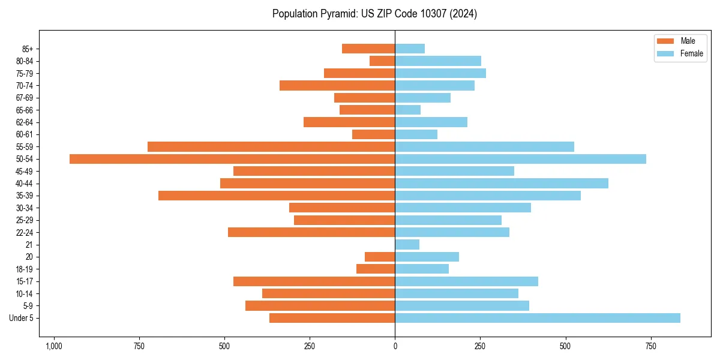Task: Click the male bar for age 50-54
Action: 232,159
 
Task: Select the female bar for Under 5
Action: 538,318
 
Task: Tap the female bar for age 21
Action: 407,245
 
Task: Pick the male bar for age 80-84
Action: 382,61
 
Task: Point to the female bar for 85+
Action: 410,49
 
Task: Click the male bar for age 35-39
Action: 277,196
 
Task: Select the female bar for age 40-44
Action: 502,184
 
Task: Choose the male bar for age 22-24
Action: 311,232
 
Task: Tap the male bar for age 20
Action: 380,257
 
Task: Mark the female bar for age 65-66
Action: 408,110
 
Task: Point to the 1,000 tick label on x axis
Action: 54,346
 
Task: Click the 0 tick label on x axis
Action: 395,346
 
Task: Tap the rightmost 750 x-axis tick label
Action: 650,346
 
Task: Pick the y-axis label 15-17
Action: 25,281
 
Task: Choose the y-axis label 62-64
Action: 25,122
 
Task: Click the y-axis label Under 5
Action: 22,318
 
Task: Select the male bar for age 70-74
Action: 337,86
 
